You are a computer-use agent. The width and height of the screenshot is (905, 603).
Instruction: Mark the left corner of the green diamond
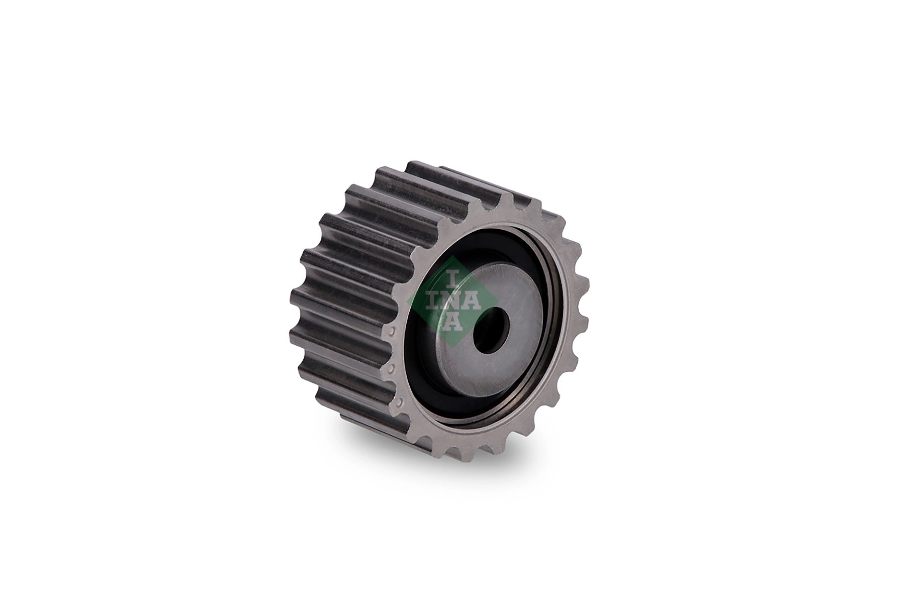pos(408,301)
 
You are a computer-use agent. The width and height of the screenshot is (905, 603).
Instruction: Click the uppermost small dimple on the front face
pos(391,332)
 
